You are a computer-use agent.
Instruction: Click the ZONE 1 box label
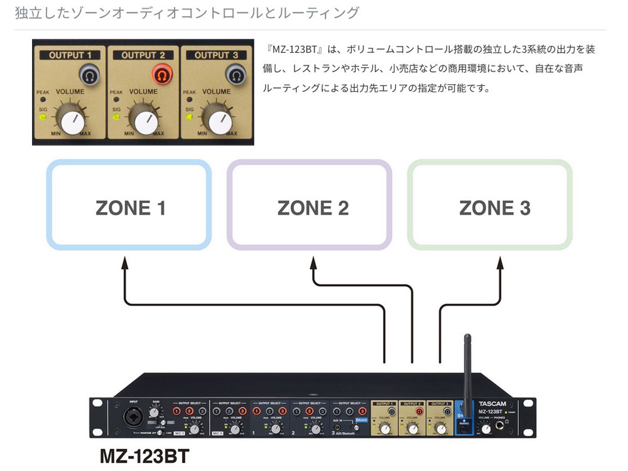click(131, 208)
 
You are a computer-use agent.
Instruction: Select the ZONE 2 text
click(313, 208)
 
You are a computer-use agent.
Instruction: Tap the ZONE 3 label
click(494, 208)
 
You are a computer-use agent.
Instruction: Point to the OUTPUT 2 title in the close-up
click(144, 55)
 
